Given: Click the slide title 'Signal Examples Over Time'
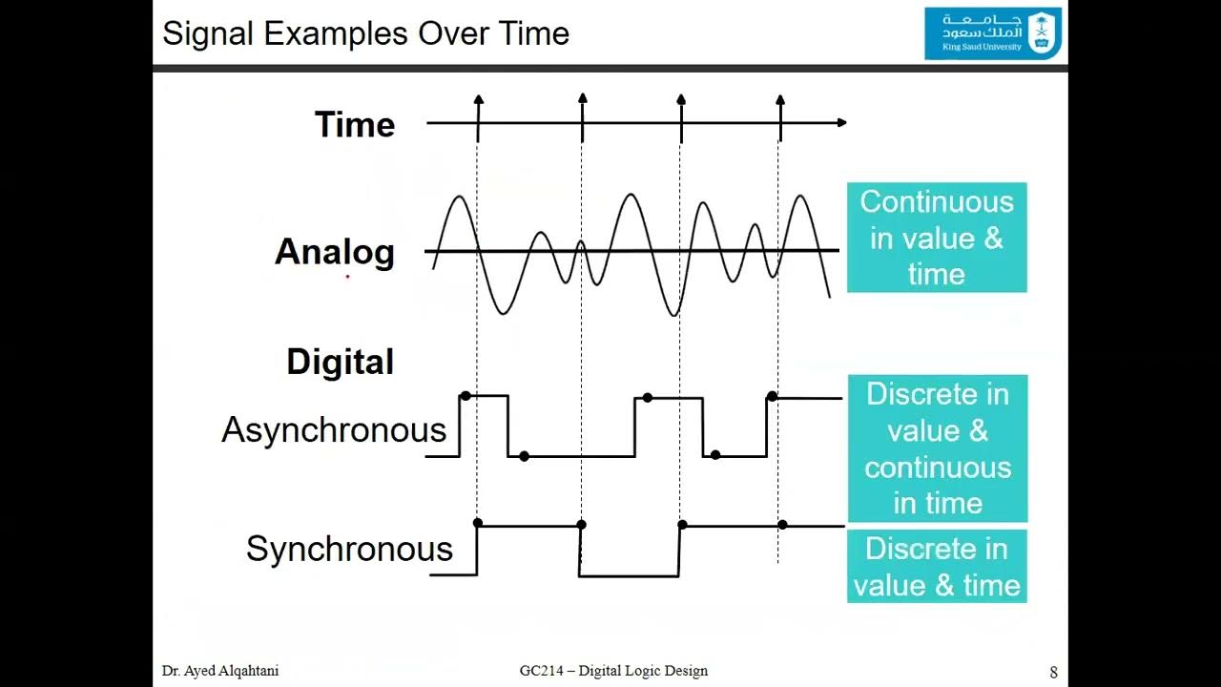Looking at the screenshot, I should (365, 33).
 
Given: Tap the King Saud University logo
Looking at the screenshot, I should (993, 33).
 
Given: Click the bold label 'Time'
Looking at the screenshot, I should (355, 125).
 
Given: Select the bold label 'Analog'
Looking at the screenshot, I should (335, 252).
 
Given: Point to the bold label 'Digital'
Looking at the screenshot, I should (340, 363).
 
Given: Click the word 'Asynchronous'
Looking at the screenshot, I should (334, 430).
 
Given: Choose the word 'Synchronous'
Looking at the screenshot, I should (349, 549).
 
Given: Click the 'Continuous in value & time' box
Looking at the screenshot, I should (937, 238).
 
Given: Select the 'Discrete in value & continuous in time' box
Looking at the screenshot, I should (937, 448).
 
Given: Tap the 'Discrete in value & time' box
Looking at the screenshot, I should (937, 567).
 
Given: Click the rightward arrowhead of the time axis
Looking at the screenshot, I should (840, 122).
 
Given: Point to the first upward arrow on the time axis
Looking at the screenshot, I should (478, 100).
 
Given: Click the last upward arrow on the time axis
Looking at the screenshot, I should (780, 100).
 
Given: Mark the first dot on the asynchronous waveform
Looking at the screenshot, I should (466, 396).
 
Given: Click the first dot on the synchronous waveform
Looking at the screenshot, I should (478, 524).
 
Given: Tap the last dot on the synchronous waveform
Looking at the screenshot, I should (782, 525).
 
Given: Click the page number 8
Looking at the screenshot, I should (1053, 672).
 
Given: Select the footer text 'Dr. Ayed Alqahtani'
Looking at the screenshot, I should (220, 671).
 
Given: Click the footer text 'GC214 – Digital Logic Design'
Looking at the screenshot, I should (613, 671).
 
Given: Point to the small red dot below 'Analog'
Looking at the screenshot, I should (347, 277).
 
